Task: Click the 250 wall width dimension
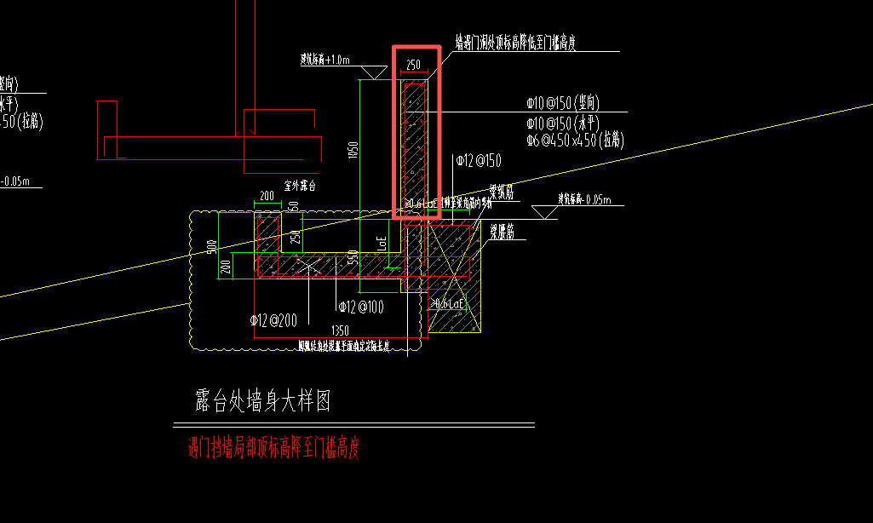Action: [413, 65]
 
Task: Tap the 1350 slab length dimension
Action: [340, 330]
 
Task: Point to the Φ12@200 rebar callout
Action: [272, 319]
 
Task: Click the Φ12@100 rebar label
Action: [360, 306]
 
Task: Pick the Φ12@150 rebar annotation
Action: [479, 160]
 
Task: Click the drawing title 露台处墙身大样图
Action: [262, 400]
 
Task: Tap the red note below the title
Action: [273, 448]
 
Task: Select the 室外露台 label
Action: [300, 185]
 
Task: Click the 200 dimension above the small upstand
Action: [267, 197]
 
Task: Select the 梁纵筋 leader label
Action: [502, 195]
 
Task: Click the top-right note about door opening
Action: [515, 43]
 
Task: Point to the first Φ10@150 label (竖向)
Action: [563, 103]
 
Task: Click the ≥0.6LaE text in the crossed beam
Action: [449, 303]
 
